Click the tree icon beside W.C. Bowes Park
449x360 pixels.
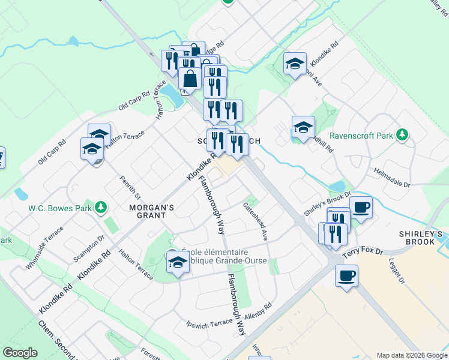point(101,208)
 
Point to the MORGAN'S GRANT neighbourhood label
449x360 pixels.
point(152,212)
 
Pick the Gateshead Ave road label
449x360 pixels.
point(255,221)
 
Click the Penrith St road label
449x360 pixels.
point(130,187)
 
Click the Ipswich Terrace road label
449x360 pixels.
point(209,323)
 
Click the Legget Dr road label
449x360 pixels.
point(399,269)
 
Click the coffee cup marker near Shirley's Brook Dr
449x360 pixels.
point(360,208)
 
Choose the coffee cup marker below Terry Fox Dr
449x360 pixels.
point(346,276)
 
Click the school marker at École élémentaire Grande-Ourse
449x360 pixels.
point(178,262)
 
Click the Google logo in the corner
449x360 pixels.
point(20,353)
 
